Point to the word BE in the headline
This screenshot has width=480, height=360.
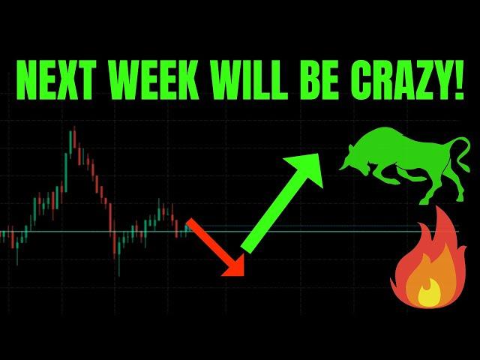click(319, 79)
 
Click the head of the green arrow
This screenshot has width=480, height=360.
click(306, 168)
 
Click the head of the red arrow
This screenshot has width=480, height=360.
click(234, 265)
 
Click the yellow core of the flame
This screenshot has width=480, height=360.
click(429, 295)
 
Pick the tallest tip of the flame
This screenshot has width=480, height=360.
click(439, 209)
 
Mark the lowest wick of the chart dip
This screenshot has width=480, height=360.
click(119, 265)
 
